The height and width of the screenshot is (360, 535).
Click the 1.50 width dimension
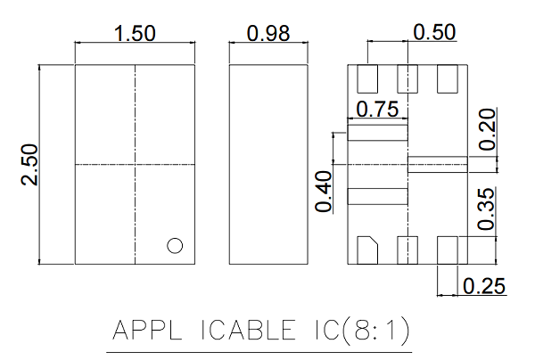point(135,33)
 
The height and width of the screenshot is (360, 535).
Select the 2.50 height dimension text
point(29,165)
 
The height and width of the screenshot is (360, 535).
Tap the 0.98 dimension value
point(268,33)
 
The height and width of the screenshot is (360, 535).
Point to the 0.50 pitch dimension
point(434,32)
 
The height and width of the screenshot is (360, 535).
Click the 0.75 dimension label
point(377,109)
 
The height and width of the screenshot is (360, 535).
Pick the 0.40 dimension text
point(323,192)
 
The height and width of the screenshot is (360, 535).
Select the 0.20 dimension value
point(487,129)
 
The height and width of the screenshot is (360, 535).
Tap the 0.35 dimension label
point(486,209)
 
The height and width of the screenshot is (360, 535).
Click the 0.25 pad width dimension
point(484,286)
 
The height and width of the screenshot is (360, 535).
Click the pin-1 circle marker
point(175,245)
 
